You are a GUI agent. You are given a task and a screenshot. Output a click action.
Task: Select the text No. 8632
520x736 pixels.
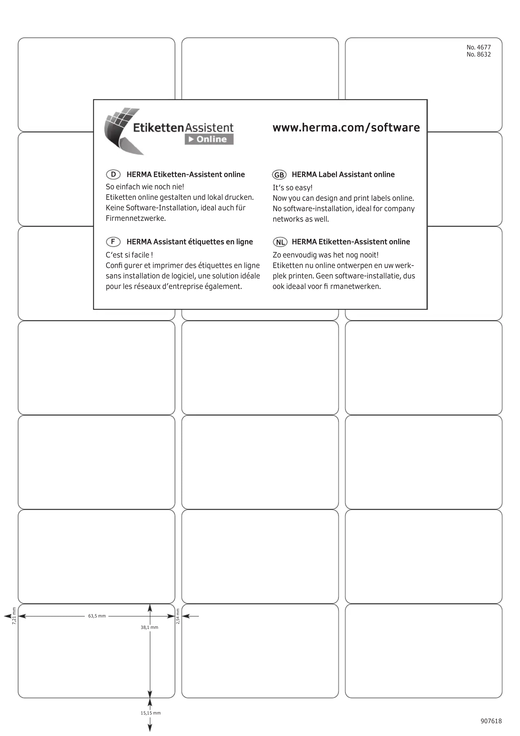pos(478,54)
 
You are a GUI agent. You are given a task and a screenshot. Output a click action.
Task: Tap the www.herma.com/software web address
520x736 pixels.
pos(346,128)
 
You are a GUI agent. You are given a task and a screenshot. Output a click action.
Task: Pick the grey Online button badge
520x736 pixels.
pos(209,139)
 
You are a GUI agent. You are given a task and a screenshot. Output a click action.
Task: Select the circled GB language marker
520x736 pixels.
pos(279,175)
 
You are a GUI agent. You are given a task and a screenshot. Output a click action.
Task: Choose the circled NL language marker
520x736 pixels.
pos(280,242)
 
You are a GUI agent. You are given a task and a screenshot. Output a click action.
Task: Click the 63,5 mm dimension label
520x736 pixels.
pos(97,616)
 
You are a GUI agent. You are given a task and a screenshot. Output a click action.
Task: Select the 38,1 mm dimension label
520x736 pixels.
pos(149,627)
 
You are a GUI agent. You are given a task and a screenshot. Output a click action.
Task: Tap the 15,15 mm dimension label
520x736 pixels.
pos(150,713)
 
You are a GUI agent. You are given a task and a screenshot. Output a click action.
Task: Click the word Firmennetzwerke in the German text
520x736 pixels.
pos(136,219)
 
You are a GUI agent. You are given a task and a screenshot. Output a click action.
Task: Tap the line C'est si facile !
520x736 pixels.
pos(129,255)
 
